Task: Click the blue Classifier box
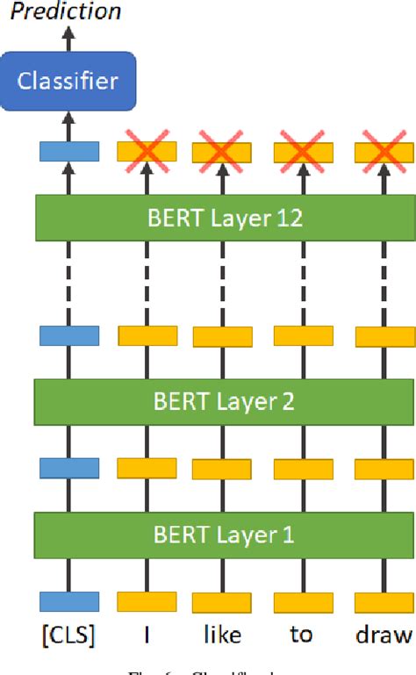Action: tap(68, 82)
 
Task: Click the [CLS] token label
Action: tap(68, 635)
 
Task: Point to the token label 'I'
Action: tap(147, 634)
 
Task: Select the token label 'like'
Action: tap(222, 635)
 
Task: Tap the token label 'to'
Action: tap(301, 634)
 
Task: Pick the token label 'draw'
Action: tap(383, 634)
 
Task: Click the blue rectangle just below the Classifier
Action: tap(69, 152)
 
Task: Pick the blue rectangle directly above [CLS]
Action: tap(69, 600)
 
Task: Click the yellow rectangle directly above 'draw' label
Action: tap(384, 601)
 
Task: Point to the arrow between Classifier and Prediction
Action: tap(69, 38)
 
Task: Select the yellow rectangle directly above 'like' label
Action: tap(223, 602)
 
